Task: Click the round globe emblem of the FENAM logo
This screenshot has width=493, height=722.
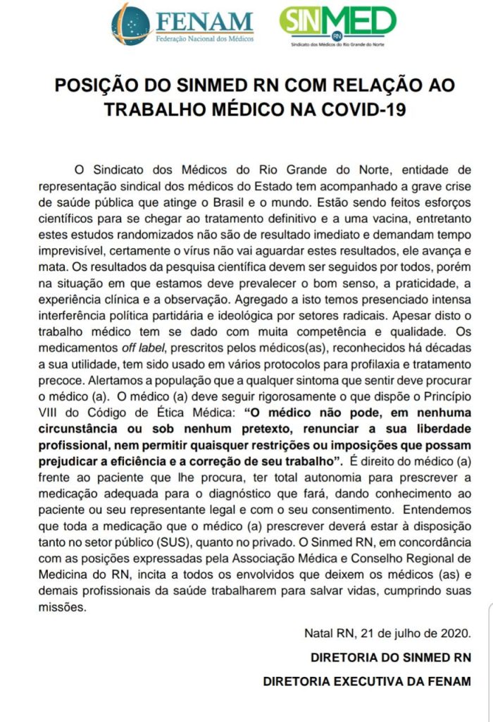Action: (130, 24)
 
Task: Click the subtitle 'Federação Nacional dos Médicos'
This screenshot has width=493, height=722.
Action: (204, 37)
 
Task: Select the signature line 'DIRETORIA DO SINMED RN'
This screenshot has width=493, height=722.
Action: (391, 657)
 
